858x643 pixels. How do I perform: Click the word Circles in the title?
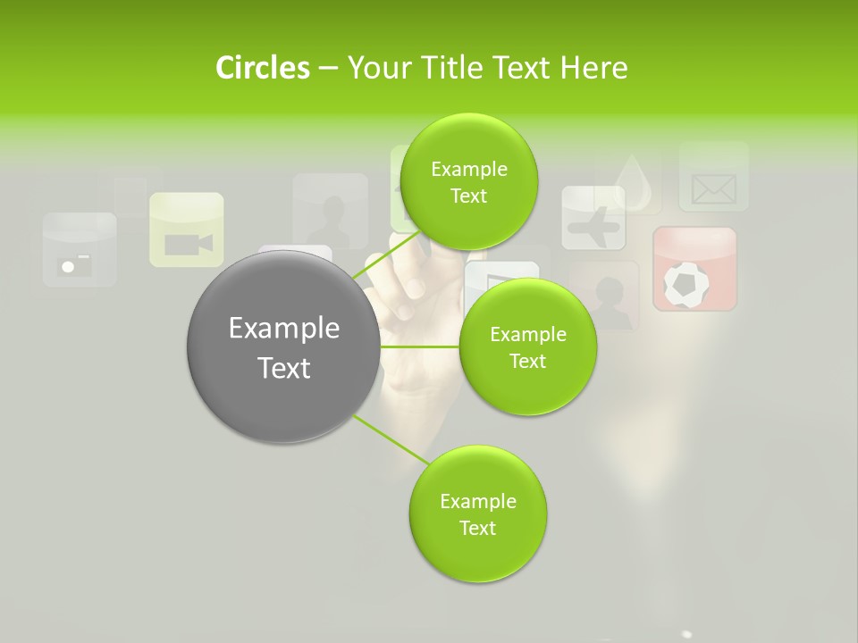[x=262, y=68]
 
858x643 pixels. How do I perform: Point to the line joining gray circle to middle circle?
[x=420, y=347]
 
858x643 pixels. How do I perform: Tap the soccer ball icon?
[x=694, y=282]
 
